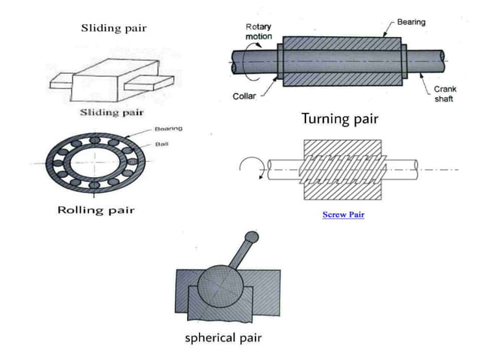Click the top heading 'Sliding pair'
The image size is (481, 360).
[x=114, y=29]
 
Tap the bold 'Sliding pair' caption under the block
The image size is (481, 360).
[x=112, y=113]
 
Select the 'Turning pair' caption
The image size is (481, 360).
[x=339, y=119]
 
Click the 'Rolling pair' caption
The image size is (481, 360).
[x=96, y=209]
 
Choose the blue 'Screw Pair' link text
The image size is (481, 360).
[x=343, y=215]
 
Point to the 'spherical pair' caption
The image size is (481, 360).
[x=223, y=337]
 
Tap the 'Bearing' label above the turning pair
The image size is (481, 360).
[x=412, y=22]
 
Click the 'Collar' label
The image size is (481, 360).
[x=244, y=96]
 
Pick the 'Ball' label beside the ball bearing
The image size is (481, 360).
[x=162, y=142]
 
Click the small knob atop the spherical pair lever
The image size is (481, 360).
[x=253, y=237]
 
